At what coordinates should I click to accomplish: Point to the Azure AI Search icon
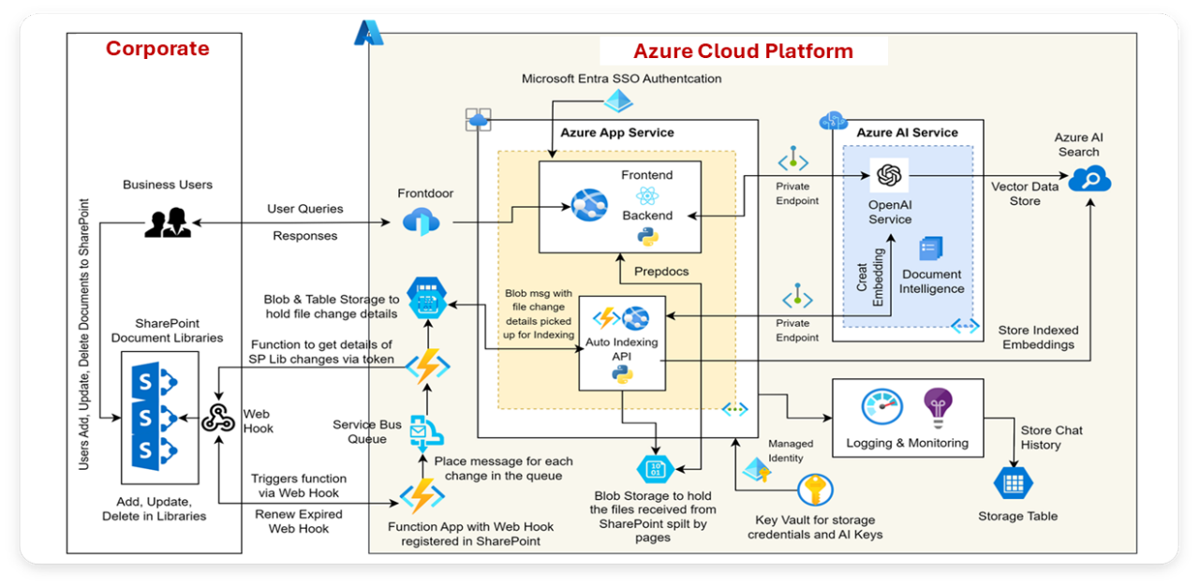coord(1088,179)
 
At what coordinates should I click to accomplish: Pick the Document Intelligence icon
coord(931,248)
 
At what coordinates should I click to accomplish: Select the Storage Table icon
coord(1012,484)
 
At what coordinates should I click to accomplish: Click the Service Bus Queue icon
coord(427,432)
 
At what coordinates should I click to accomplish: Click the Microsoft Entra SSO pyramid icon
coord(622,100)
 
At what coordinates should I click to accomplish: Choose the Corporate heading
coord(157,49)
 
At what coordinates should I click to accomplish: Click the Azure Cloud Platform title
coord(743,51)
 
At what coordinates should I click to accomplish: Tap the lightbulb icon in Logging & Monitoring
coord(937,407)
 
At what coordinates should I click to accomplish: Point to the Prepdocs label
coord(661,271)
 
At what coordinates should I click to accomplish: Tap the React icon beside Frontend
coord(647,196)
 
